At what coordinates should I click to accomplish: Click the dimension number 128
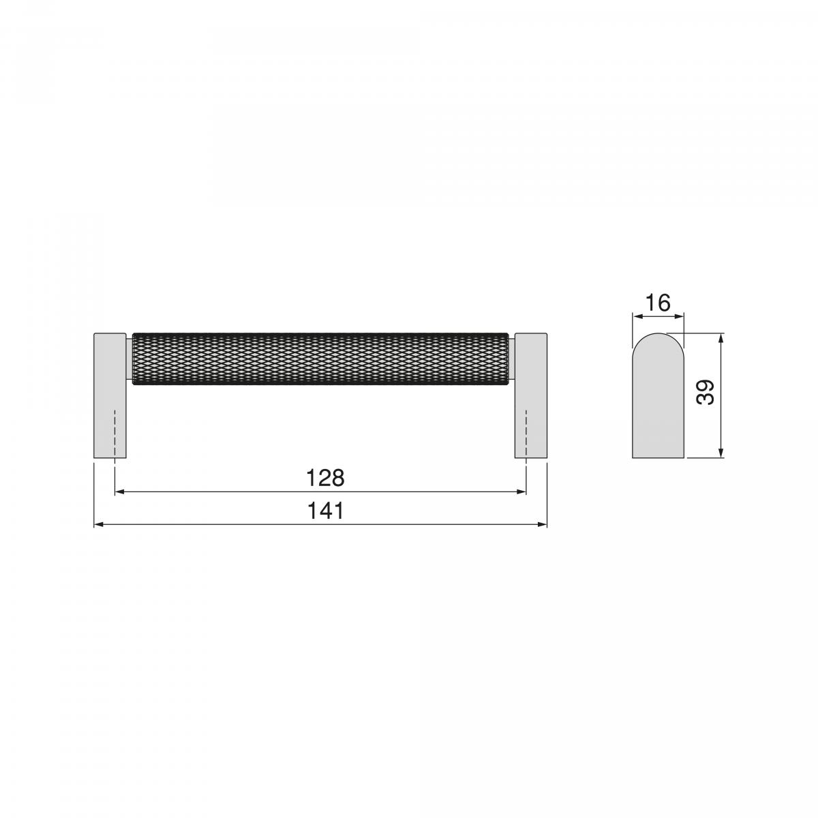click(325, 478)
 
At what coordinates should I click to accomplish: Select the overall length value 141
click(325, 511)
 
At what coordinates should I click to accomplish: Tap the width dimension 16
click(658, 302)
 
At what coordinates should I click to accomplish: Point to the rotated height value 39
click(706, 393)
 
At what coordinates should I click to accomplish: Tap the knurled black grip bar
click(320, 359)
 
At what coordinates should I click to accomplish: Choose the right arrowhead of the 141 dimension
click(543, 524)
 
